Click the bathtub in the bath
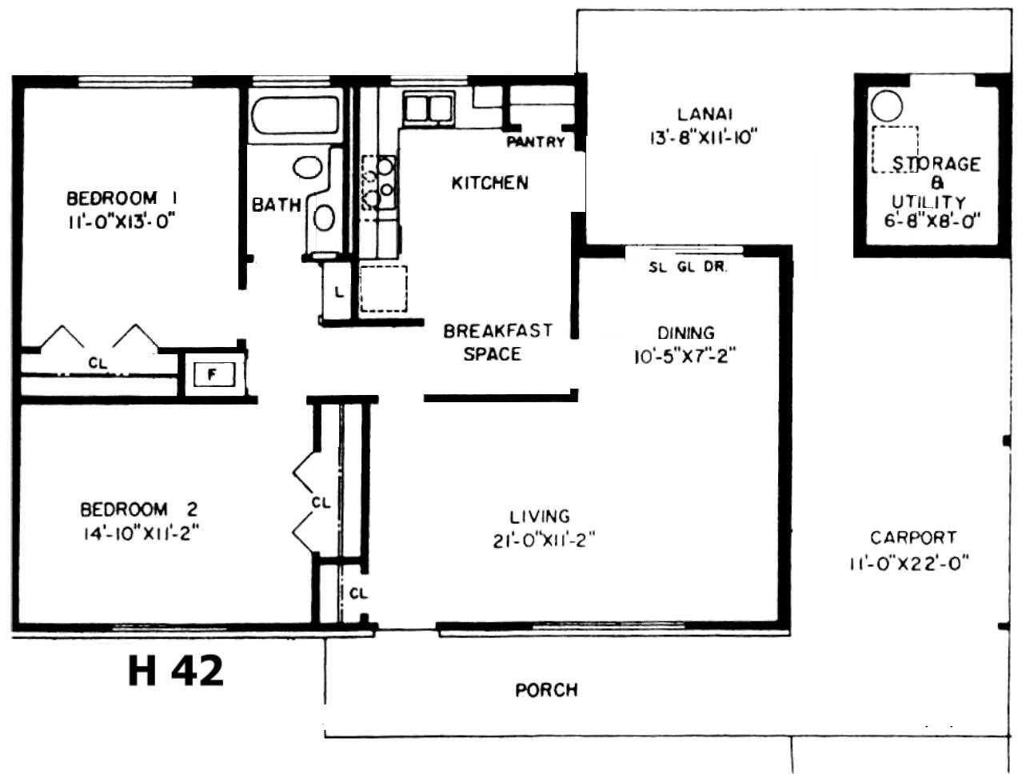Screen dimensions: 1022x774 coord(295,115)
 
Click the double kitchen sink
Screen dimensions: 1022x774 coord(429,109)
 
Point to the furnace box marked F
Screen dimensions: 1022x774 coord(214,374)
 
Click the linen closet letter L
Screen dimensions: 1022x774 coord(340,293)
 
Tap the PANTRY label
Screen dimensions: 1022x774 coord(536,142)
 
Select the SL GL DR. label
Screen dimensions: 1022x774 coord(687,267)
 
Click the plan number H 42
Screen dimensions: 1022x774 coord(176,671)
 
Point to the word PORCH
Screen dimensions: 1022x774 coord(547,690)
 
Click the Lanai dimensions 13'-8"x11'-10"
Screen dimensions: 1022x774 coord(704,138)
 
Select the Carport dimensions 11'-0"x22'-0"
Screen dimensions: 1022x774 coord(909,564)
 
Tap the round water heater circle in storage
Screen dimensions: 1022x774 coord(887,106)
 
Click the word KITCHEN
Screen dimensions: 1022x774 coord(490,183)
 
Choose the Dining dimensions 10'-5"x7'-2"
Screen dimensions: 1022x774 coord(685,357)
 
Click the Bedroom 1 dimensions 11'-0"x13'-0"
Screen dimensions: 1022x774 coord(122,222)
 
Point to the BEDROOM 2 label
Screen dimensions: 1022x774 coord(139,509)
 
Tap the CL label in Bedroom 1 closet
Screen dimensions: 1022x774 coord(98,363)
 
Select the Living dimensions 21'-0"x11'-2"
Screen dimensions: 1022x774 coord(545,541)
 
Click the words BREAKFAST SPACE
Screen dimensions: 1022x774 coord(497,342)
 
